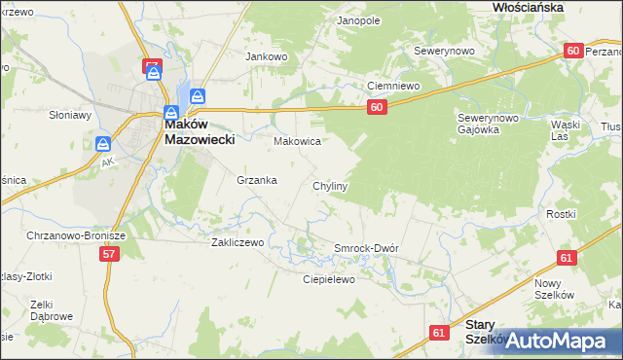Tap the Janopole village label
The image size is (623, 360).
coord(357,20)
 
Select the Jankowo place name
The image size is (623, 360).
coord(267,56)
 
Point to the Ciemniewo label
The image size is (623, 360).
coord(392,86)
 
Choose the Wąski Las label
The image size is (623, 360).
coord(565,130)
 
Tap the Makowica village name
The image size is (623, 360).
coord(297,141)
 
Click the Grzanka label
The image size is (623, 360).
coord(257,180)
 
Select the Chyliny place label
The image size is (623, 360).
coord(330,185)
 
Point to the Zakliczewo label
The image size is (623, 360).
coord(238,242)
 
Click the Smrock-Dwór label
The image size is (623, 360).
coord(366,248)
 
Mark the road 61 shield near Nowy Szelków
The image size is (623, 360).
coord(567,258)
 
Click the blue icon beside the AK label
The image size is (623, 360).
coord(103,144)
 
